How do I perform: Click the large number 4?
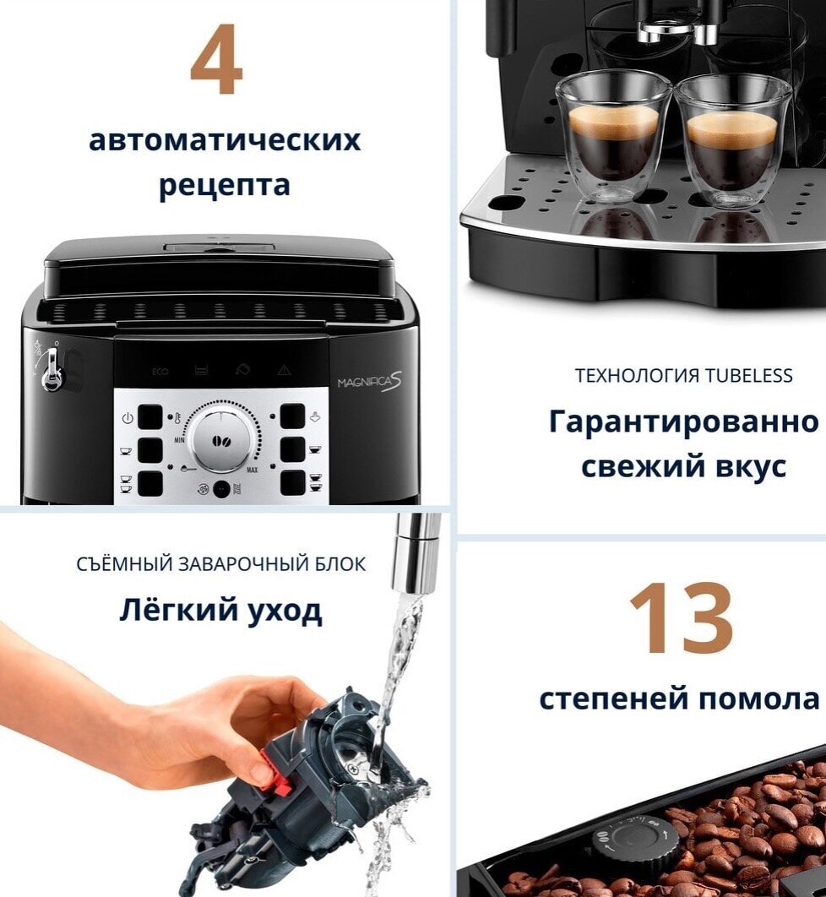pyautogui.click(x=217, y=59)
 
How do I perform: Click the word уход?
pyautogui.click(x=285, y=611)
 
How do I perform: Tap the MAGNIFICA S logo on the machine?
pyautogui.click(x=370, y=381)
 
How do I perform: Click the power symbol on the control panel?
pyautogui.click(x=127, y=417)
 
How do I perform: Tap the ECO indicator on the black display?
pyautogui.click(x=160, y=372)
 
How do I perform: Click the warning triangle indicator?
pyautogui.click(x=285, y=371)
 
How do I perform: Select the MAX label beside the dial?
pyautogui.click(x=253, y=470)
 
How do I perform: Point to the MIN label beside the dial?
pyautogui.click(x=179, y=441)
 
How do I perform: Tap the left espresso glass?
pyautogui.click(x=613, y=139)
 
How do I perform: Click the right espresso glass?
pyautogui.click(x=731, y=140)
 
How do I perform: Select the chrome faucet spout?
pyautogui.click(x=416, y=553)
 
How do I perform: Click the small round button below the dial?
pyautogui.click(x=220, y=490)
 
